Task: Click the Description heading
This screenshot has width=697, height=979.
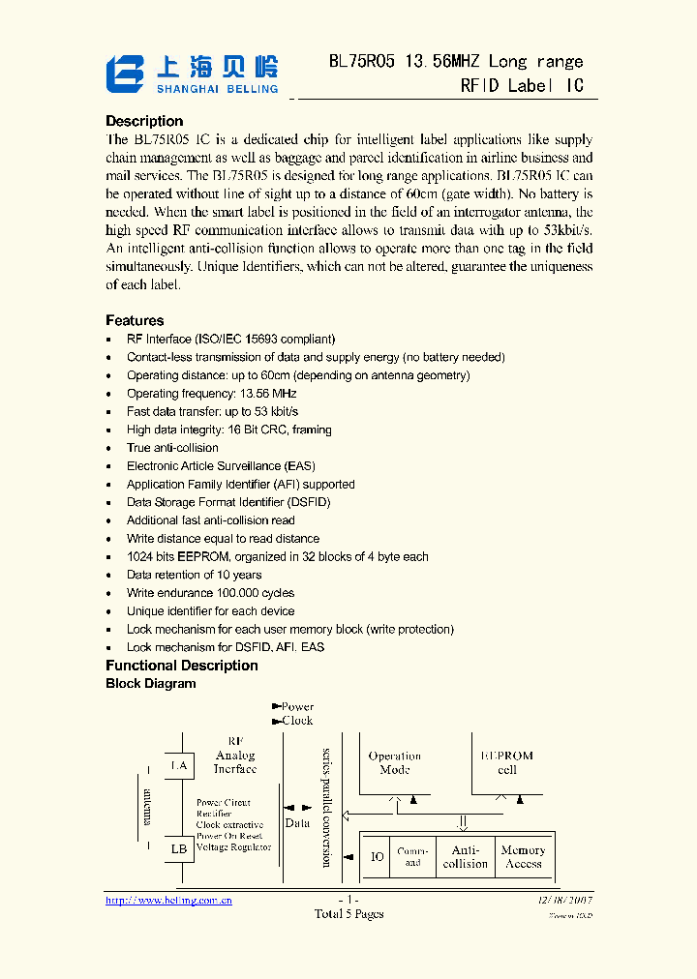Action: [x=144, y=121]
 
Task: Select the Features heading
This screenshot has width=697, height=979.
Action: [x=135, y=320]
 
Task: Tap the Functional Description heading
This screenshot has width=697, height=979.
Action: [x=182, y=666]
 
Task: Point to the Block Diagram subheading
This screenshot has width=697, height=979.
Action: [x=150, y=683]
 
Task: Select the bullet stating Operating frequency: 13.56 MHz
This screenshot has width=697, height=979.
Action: [x=211, y=394]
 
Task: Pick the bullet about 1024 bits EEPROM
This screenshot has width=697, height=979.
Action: [x=277, y=557]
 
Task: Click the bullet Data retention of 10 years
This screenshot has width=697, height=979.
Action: [x=194, y=575]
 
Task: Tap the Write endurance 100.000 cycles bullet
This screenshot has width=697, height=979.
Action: [x=210, y=593]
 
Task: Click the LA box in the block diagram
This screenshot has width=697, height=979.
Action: [x=179, y=766]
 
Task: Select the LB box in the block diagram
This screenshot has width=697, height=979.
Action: [x=179, y=849]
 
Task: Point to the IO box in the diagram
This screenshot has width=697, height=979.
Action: [x=378, y=857]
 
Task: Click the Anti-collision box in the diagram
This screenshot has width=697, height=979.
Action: [x=466, y=857]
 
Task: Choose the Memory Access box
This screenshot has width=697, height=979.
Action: [x=523, y=857]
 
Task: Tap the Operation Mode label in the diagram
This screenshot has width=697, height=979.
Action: [x=395, y=762]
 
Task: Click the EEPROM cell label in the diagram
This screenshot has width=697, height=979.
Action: [x=507, y=762]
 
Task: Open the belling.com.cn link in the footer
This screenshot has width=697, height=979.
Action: [x=168, y=900]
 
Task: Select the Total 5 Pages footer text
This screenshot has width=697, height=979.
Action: [x=348, y=914]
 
